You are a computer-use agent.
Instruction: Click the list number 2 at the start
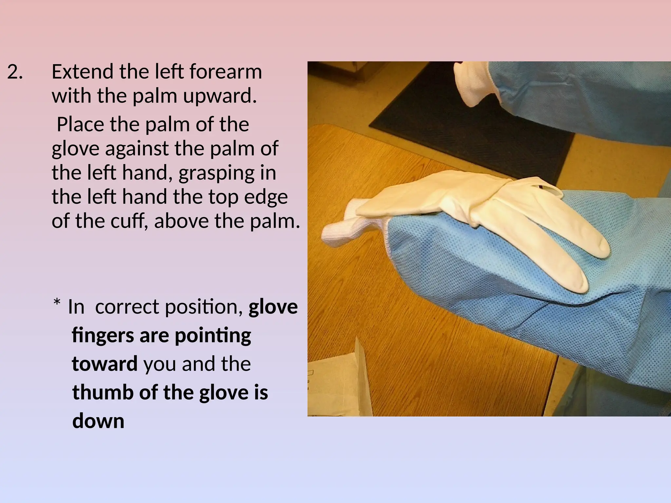15,72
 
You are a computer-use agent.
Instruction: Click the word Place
80,125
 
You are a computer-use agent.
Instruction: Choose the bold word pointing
213,336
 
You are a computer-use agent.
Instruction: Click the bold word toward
105,364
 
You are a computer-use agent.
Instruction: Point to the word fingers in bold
103,336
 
